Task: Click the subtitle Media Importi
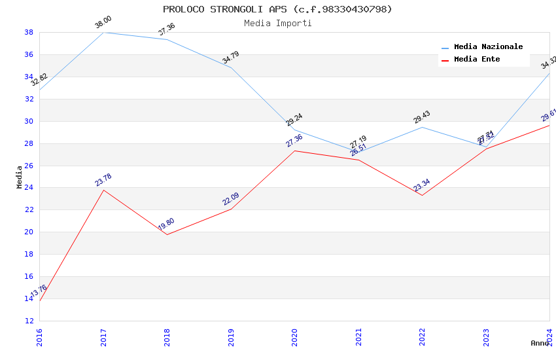pyautogui.click(x=277, y=23)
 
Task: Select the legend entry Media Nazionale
pyautogui.click(x=488, y=46)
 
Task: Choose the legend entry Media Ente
pyautogui.click(x=477, y=59)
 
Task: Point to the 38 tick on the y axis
pyautogui.click(x=29, y=32)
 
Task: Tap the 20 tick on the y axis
pyautogui.click(x=29, y=232)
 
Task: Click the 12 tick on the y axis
pyautogui.click(x=29, y=321)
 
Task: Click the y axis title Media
pyautogui.click(x=20, y=177)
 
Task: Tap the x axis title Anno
pyautogui.click(x=540, y=343)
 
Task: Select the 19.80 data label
pyautogui.click(x=166, y=225)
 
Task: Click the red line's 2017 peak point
pyautogui.click(x=103, y=190)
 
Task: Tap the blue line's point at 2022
pyautogui.click(x=422, y=127)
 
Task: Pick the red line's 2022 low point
pyautogui.click(x=422, y=195)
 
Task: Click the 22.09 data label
pyautogui.click(x=231, y=199)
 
